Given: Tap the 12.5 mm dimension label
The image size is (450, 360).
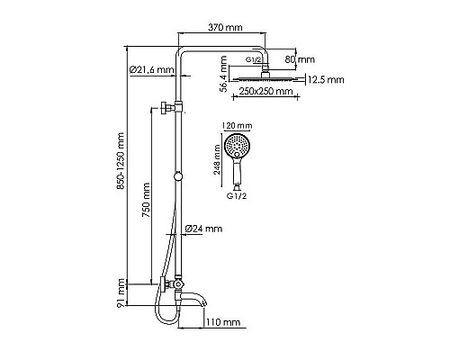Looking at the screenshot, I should pos(325,80).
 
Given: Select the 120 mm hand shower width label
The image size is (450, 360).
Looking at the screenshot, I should pos(241,127).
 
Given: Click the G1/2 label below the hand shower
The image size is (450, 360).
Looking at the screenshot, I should pos(239,195).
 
